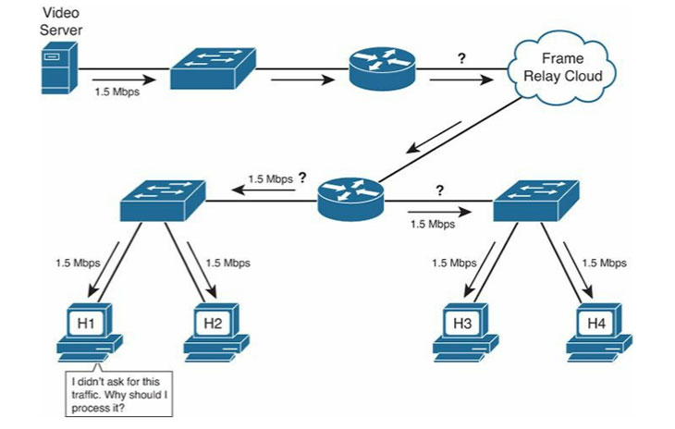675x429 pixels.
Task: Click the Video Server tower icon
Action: coord(56,69)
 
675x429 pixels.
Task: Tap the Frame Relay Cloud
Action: coord(558,68)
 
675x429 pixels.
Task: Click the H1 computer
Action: coord(88,331)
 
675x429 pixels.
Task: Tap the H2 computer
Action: coord(215,331)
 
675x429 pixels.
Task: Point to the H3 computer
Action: coord(465,331)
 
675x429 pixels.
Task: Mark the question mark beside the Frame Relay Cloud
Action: coord(461,58)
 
